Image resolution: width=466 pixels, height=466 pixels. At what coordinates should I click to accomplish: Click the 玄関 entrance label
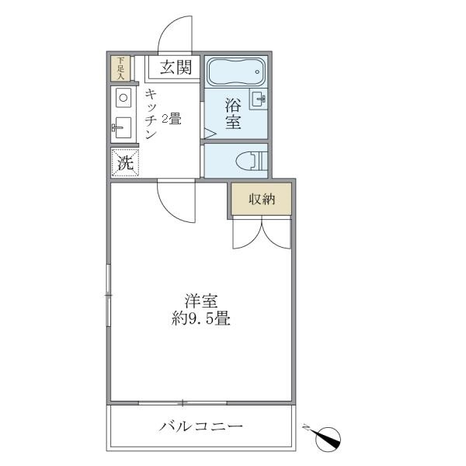click(x=176, y=67)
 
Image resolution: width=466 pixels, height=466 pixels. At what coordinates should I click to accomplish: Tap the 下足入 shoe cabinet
click(x=120, y=68)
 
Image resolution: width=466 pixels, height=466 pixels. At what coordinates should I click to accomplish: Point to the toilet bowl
click(x=250, y=161)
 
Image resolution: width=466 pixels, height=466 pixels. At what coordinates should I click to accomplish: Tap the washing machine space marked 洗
click(x=125, y=162)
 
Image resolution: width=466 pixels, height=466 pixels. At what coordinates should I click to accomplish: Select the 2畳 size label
click(x=171, y=119)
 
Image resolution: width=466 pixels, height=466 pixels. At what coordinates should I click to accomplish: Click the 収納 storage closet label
click(x=262, y=200)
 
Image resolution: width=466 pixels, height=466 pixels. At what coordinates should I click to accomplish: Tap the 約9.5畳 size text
click(x=200, y=318)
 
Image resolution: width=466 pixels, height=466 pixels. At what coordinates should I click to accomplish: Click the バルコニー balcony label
click(x=201, y=426)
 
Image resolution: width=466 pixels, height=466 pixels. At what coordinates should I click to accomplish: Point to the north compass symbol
click(x=329, y=438)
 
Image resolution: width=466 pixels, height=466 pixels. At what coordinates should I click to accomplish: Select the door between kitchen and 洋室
click(x=176, y=202)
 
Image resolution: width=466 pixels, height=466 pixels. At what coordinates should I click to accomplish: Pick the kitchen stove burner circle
click(x=123, y=97)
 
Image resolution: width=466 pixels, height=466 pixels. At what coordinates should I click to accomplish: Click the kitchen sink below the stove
click(x=123, y=126)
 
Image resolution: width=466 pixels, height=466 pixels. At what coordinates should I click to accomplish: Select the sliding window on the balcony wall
click(x=183, y=402)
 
